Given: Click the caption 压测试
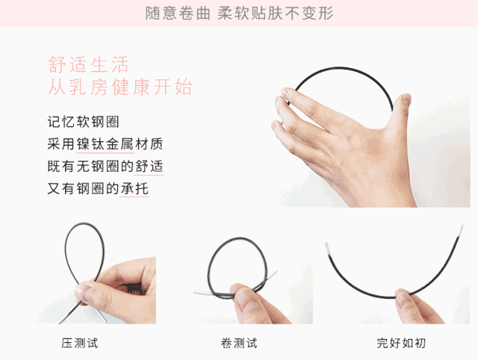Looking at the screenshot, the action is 80,343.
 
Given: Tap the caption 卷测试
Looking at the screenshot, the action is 239,343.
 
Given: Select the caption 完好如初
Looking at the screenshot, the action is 401,343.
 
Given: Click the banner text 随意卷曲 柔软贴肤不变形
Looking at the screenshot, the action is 239,13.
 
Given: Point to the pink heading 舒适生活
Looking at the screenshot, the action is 89,64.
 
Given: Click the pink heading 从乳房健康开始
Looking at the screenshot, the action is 120,87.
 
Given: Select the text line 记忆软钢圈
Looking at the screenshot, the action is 83,122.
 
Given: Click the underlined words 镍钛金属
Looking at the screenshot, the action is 105,144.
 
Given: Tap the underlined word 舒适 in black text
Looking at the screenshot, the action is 149,166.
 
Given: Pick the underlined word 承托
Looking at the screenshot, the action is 134,188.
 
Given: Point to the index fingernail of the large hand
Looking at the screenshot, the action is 285,92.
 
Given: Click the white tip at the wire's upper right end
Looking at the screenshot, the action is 462,230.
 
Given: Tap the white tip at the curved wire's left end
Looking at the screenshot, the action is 327,249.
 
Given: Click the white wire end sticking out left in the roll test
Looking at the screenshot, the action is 203,293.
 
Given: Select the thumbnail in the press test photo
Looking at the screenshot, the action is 79,290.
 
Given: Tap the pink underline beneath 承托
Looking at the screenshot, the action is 134,196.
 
